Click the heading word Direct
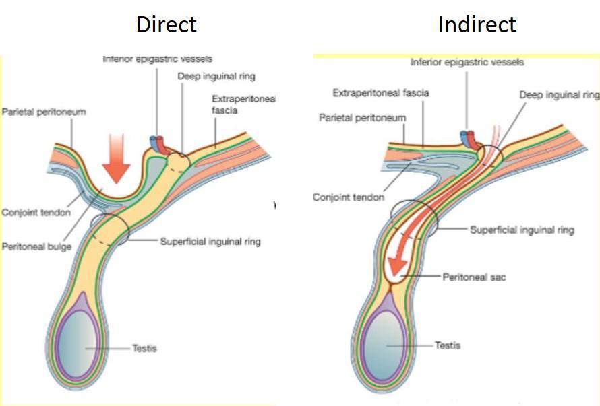tap(166, 24)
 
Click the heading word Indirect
tap(477, 24)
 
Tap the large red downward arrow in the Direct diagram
tap(115, 158)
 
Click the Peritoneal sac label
tap(474, 277)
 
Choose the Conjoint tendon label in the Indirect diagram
tap(349, 197)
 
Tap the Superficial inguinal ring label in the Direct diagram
tap(210, 241)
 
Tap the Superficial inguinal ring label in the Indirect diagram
tap(522, 230)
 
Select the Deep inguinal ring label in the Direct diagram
tap(216, 76)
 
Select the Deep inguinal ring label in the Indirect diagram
tap(559, 95)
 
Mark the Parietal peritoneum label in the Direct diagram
tap(44, 112)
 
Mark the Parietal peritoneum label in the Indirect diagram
tap(362, 118)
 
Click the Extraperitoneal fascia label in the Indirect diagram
tap(381, 92)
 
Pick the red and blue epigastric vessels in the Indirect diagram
tap(469, 138)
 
